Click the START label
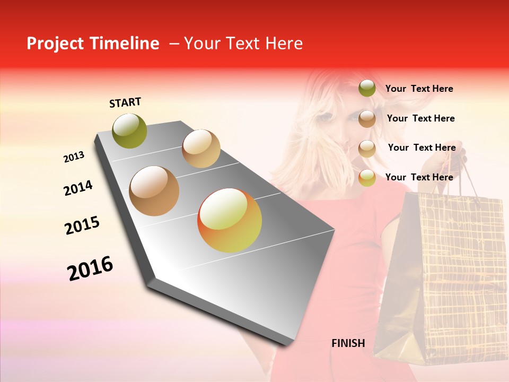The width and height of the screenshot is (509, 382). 125,102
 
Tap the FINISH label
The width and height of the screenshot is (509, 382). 348,343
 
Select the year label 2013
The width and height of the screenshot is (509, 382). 74,157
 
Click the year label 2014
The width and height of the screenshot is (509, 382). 78,188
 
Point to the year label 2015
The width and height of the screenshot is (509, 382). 82,225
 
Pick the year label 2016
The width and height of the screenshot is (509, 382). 90,268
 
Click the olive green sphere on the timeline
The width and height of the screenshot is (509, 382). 130,131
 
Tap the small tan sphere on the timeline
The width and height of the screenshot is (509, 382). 201,149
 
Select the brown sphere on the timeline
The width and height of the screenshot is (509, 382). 154,191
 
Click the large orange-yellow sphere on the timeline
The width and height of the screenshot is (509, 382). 230,220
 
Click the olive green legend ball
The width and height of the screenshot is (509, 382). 367,89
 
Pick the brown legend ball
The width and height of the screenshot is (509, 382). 367,119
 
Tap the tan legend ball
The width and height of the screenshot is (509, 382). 367,149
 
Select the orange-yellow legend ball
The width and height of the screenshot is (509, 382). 367,178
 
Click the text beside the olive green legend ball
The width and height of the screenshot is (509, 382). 419,89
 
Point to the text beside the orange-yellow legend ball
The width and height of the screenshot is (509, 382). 419,177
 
